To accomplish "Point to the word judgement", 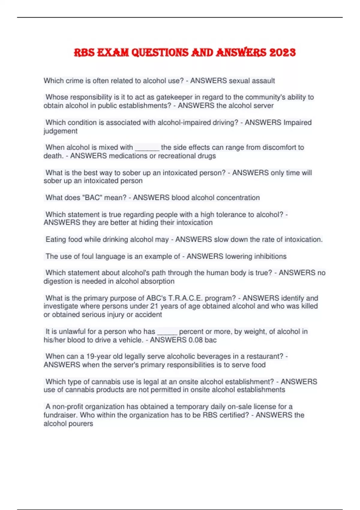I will pyautogui.click(x=60, y=131).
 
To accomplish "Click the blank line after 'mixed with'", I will pyautogui.click(x=147, y=148).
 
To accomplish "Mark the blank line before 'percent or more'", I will pyautogui.click(x=167, y=332).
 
